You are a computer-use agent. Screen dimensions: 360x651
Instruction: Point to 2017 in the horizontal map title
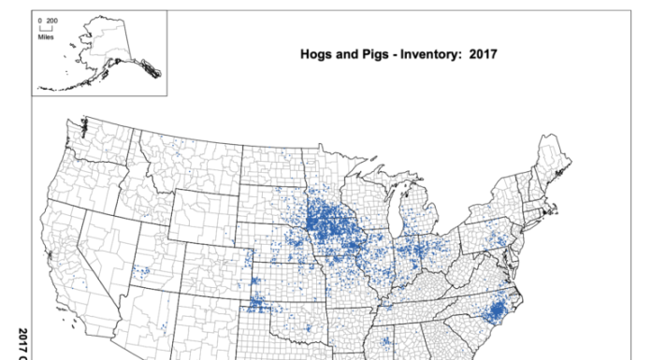(x=477, y=53)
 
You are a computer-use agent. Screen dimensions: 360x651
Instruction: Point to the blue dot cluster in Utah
(x=141, y=272)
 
